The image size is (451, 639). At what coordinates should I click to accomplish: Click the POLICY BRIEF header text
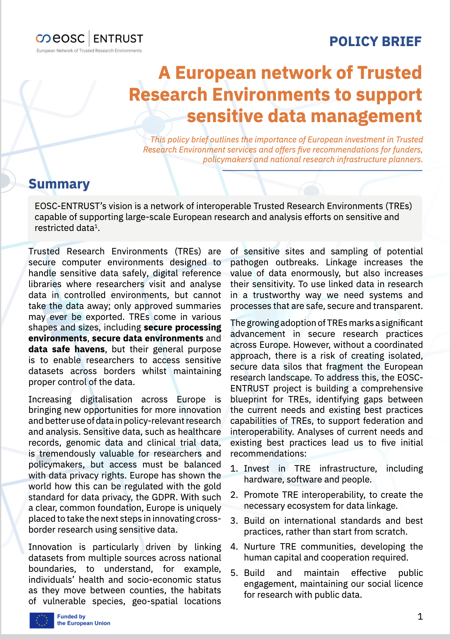(x=375, y=41)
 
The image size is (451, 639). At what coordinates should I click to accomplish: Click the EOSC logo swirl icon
(x=43, y=39)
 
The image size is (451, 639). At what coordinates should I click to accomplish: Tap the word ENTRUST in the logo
(x=118, y=39)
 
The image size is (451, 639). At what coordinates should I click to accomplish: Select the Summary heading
(x=59, y=184)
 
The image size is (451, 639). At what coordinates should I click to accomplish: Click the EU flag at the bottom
(x=41, y=620)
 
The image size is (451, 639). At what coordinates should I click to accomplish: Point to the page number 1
(x=420, y=616)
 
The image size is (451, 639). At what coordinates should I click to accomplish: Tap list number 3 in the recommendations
(x=234, y=521)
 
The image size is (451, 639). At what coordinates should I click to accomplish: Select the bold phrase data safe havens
(x=67, y=349)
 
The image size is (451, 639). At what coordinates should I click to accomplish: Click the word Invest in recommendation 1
(x=256, y=469)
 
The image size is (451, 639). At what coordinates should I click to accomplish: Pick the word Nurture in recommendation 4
(x=259, y=547)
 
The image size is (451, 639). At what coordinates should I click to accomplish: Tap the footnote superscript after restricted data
(x=96, y=226)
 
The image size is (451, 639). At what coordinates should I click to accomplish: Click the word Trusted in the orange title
(x=389, y=73)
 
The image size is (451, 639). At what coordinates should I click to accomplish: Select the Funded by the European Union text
(x=83, y=620)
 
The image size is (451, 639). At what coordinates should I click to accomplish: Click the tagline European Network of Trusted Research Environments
(x=89, y=51)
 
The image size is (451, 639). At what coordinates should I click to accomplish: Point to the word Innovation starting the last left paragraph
(x=50, y=547)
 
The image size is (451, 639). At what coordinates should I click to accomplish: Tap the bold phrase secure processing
(x=182, y=328)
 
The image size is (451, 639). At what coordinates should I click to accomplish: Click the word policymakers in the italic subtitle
(x=227, y=159)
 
